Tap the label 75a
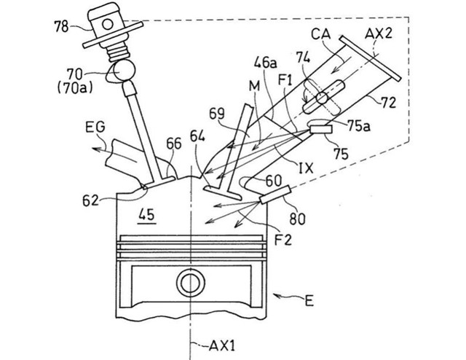pos(359,126)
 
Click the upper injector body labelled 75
pos(320,129)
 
